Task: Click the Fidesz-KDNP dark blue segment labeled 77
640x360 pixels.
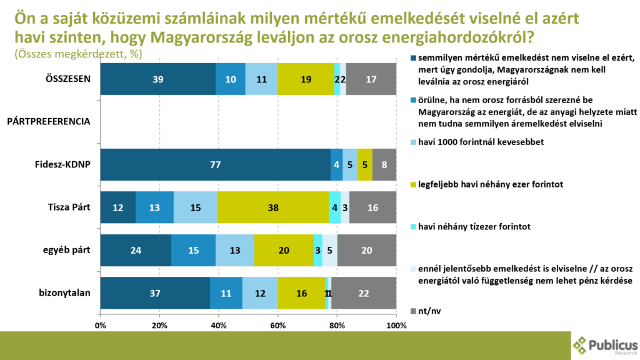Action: tap(215, 165)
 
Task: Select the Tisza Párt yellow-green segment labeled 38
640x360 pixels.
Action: tap(273, 207)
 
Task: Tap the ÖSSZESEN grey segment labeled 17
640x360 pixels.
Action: tap(371, 79)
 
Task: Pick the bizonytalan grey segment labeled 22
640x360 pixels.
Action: tap(364, 293)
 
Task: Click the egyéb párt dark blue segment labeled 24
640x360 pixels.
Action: tap(136, 251)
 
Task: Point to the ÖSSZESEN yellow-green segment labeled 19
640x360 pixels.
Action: tap(306, 79)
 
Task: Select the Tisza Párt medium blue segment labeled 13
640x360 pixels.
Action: tap(154, 207)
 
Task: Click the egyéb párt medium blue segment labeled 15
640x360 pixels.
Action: tap(193, 251)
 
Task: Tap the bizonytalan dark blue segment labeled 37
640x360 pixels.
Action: tap(155, 293)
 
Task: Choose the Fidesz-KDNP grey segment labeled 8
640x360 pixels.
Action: tap(384, 165)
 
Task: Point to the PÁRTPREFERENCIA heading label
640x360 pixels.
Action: tap(49, 122)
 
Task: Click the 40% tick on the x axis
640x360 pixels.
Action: tap(219, 325)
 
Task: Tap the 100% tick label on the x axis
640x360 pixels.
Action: tap(396, 325)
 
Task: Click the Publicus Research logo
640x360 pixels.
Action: tap(605, 345)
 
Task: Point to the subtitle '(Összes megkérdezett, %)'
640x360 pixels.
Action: tap(78, 54)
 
